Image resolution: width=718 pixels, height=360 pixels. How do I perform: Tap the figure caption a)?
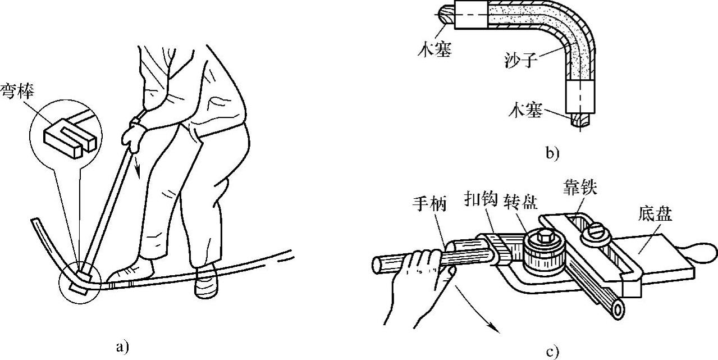tap(122, 347)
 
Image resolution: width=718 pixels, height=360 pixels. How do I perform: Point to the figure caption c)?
tap(553, 352)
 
